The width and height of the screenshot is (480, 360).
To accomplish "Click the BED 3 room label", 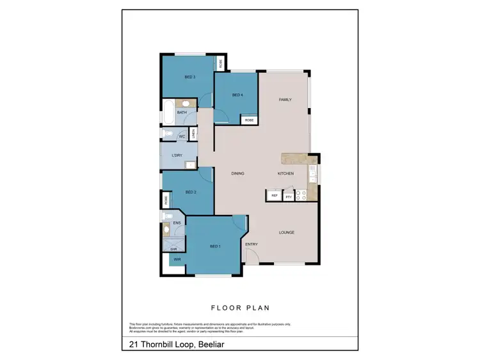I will point(189,77).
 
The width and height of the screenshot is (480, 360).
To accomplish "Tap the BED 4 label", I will point(237,95).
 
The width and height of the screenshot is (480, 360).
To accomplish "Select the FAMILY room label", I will point(285,100).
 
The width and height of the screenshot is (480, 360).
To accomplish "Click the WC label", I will point(182,137).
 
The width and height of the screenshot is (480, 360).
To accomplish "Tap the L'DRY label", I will point(178,156).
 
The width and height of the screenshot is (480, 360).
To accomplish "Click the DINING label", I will point(239,174).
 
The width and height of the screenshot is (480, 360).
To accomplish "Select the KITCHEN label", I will point(285,174).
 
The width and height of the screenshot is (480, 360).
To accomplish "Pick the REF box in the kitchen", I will point(275,196).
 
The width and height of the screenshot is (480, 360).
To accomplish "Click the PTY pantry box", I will point(289,196).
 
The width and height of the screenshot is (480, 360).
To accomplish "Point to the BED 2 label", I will point(190,192).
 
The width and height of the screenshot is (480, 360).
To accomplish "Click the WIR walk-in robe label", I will point(176,260).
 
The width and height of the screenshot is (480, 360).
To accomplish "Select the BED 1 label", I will point(215,246).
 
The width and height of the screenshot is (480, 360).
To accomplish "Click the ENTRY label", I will point(252,244).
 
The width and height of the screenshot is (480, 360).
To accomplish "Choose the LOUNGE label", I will point(286,232).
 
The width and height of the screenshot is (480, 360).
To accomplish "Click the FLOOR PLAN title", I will point(239,307).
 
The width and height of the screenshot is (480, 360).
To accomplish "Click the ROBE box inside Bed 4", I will point(249,120).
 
